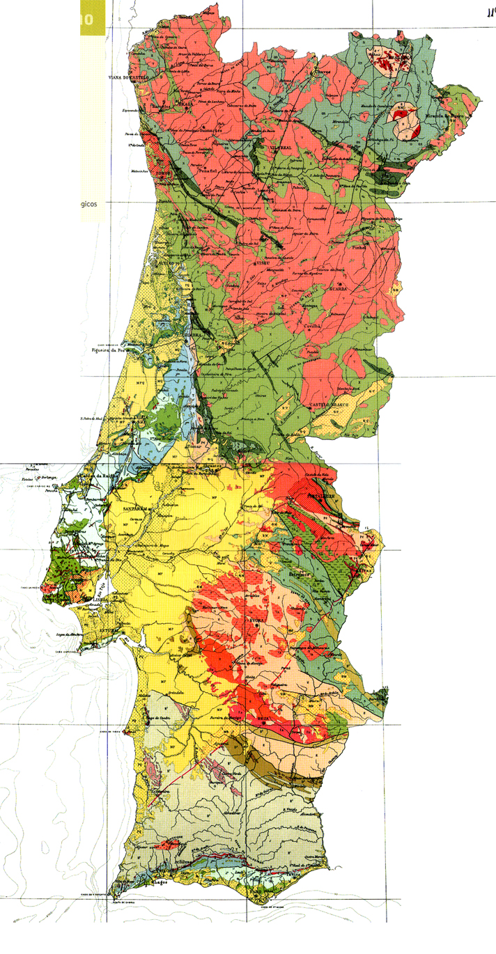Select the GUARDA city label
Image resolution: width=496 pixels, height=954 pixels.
point(339,288)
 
